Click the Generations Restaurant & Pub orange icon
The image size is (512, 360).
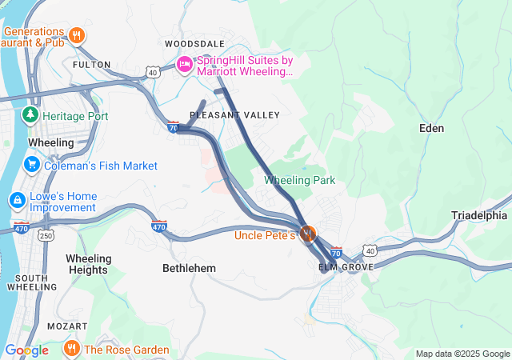pos(77,35)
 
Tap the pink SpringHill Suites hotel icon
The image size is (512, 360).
pos(185,64)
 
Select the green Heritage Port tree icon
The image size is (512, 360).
pos(30,115)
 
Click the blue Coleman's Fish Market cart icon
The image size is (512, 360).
pos(32,166)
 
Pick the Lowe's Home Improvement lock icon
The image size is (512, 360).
pos(16,199)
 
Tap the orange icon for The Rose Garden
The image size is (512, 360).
pos(71,349)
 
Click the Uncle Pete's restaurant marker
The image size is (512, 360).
pos(308,234)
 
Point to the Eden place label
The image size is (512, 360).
pos(431,128)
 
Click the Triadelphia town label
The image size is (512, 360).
pos(479,215)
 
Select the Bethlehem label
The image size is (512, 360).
pos(189,268)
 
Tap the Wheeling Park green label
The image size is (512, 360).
pos(299,180)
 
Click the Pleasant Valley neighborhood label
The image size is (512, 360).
pos(234,115)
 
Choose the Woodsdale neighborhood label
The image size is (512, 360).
pos(194,43)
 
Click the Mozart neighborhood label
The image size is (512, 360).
pos(67,326)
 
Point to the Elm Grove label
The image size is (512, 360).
pos(346,266)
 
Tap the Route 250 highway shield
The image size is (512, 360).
pos(47,235)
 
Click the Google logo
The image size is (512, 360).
pos(26,350)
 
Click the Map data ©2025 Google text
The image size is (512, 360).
pos(462,354)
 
